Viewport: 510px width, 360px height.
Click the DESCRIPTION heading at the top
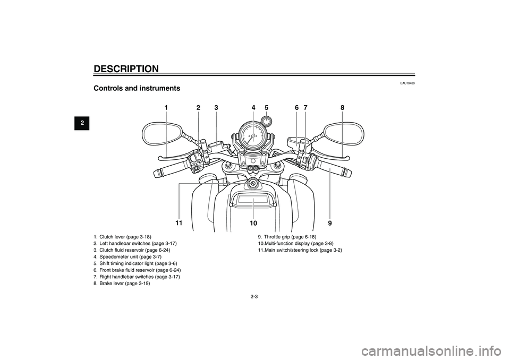tap(126, 68)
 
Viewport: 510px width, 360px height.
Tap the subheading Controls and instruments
tap(137, 88)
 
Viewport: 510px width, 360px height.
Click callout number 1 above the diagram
tap(166, 108)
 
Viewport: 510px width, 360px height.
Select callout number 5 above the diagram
tap(267, 108)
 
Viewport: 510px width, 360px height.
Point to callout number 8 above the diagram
tap(343, 108)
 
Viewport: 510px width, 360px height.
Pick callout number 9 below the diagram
tap(330, 222)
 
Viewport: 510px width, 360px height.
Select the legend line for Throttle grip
tap(287, 236)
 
